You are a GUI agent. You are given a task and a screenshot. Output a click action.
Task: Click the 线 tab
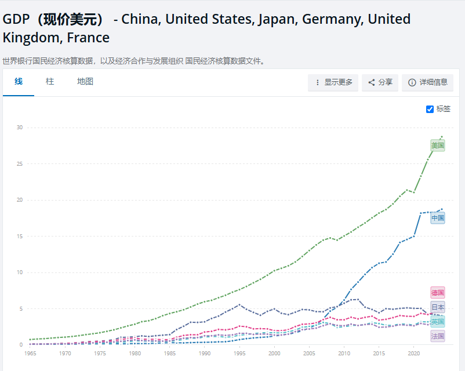pyautogui.click(x=19, y=82)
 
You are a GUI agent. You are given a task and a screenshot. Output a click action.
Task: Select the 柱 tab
pyautogui.click(x=50, y=82)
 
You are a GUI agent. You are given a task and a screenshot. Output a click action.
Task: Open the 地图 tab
pyautogui.click(x=85, y=82)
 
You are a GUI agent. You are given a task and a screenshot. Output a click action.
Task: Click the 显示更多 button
pyautogui.click(x=333, y=82)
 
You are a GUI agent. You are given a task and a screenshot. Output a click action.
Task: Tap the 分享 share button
pyautogui.click(x=380, y=82)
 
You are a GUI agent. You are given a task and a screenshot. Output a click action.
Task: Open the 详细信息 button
pyautogui.click(x=427, y=82)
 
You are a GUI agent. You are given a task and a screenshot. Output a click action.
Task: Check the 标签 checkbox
pyautogui.click(x=430, y=109)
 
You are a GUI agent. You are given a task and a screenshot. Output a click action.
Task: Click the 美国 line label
pyautogui.click(x=438, y=145)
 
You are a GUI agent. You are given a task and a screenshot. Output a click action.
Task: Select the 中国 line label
pyautogui.click(x=438, y=218)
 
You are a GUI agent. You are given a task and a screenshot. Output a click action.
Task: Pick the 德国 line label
pyautogui.click(x=438, y=293)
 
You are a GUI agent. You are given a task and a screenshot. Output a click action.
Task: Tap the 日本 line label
pyautogui.click(x=438, y=307)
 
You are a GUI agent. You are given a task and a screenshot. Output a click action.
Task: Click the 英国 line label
pyautogui.click(x=438, y=322)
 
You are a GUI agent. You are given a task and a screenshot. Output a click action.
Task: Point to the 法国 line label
pyautogui.click(x=438, y=336)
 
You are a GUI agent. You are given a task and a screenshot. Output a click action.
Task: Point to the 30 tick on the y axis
pyautogui.click(x=20, y=128)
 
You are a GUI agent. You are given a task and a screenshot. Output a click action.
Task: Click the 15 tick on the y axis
pyautogui.click(x=20, y=237)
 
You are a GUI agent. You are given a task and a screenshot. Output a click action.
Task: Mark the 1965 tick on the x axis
pyautogui.click(x=30, y=352)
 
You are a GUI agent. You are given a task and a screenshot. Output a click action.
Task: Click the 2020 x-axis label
pyautogui.click(x=414, y=352)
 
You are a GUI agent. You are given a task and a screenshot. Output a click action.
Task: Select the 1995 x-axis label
pyautogui.click(x=239, y=352)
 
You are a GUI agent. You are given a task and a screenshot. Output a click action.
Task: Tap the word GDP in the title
pyautogui.click(x=16, y=19)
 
